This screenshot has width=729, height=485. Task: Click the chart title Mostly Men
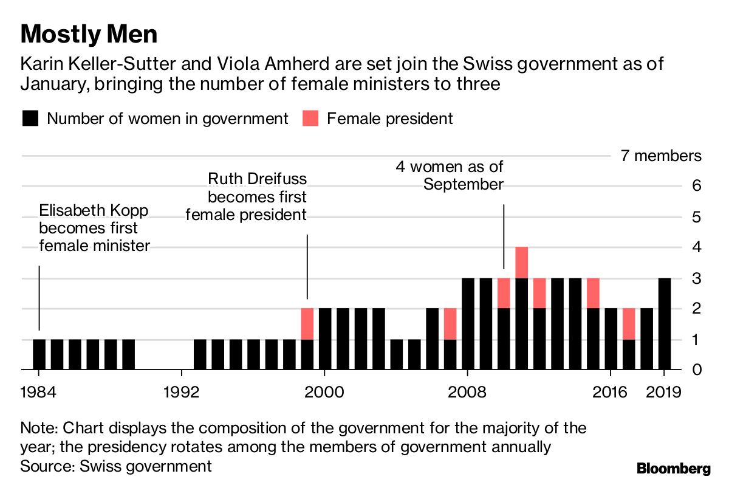point(89,34)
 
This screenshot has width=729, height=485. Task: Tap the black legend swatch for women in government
point(30,119)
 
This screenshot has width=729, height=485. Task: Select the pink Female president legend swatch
point(310,119)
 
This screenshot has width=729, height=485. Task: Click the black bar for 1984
point(39,354)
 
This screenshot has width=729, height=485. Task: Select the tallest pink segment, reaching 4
point(521,262)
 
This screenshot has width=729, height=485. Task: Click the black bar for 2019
point(664,323)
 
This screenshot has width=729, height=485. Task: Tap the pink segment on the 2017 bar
point(629,323)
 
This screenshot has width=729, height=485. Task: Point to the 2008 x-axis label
point(467,391)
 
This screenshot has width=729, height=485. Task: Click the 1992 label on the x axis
point(182,391)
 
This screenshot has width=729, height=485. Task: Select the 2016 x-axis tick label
point(609,391)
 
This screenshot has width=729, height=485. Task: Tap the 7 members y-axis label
point(660,156)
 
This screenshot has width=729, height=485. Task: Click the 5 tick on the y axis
point(696,217)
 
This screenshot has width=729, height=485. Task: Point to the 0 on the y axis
point(696,369)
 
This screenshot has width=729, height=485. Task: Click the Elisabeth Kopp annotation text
point(94,229)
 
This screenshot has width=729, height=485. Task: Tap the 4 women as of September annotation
point(450,175)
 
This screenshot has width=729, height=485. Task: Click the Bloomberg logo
point(673,469)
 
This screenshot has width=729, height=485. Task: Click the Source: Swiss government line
point(116,466)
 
